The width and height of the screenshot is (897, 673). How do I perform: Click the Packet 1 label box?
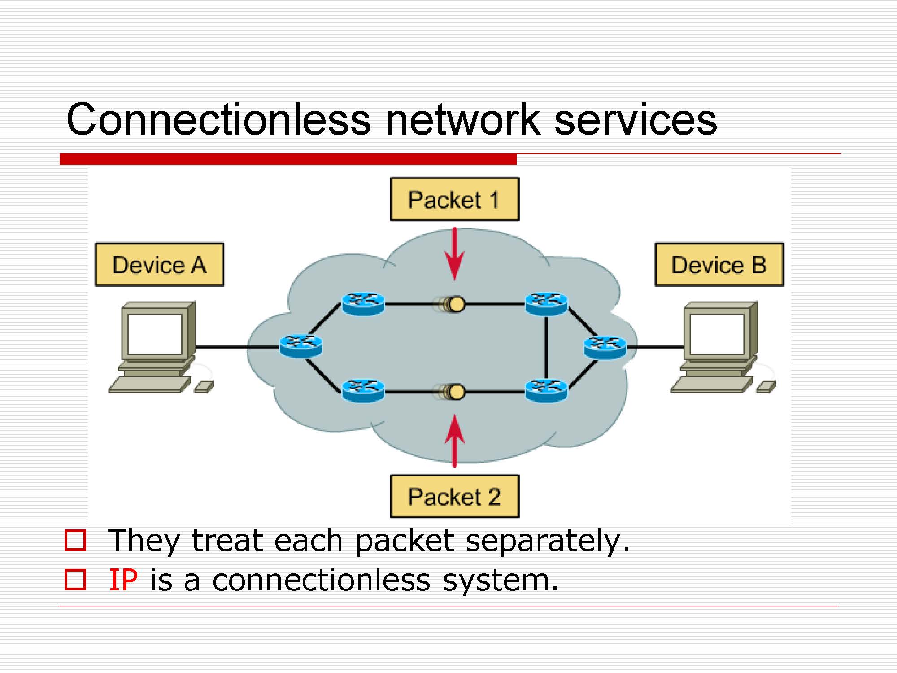[x=454, y=199]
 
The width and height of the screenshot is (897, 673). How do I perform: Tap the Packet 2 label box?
[x=454, y=496]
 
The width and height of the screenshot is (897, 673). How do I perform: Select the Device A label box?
[x=159, y=265]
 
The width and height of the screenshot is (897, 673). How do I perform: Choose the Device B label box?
[x=719, y=265]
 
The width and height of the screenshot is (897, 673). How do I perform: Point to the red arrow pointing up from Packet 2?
[x=455, y=440]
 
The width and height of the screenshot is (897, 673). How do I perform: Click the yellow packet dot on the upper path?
[x=457, y=304]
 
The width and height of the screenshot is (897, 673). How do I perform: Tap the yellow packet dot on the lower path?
[x=457, y=392]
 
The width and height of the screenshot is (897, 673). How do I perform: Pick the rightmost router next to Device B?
[x=605, y=347]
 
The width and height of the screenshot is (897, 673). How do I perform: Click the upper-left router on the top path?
[x=363, y=304]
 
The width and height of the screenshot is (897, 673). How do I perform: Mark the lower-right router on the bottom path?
[x=546, y=391]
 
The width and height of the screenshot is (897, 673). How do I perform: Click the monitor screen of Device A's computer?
[x=155, y=334]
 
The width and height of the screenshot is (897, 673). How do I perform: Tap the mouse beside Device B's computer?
[x=766, y=386]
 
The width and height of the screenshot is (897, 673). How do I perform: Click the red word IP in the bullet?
[x=123, y=580]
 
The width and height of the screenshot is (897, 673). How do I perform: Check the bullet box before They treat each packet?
[x=75, y=540]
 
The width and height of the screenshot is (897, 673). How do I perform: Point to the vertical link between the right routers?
[x=546, y=348]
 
